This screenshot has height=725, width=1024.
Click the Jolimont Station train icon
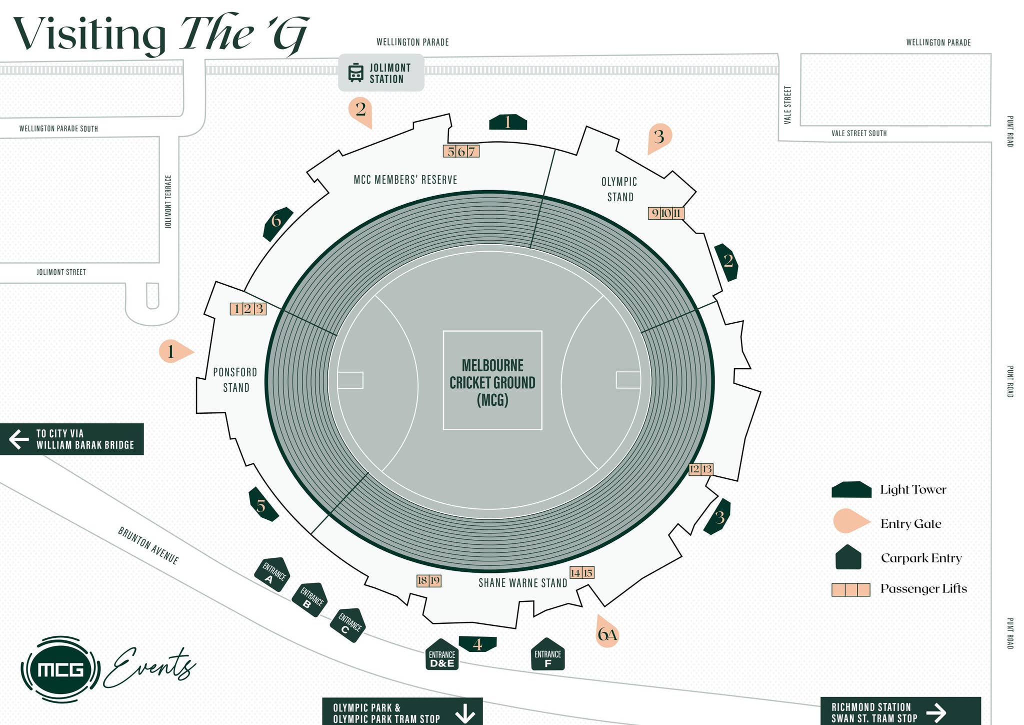(355, 73)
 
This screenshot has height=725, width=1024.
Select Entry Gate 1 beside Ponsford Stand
(173, 351)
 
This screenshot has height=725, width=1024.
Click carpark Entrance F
(547, 655)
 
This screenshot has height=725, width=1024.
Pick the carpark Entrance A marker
(272, 574)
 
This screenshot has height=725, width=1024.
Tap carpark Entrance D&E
(442, 655)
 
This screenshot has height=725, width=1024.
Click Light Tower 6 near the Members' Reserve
(277, 222)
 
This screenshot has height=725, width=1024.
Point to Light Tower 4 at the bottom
(477, 644)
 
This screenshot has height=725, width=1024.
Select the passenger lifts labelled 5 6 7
(461, 151)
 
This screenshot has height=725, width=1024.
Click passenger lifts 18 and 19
(429, 580)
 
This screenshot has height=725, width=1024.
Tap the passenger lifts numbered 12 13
(700, 469)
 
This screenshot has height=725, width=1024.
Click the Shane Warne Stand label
(522, 583)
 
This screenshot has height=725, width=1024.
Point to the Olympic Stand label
(619, 189)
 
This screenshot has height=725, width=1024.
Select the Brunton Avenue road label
(148, 545)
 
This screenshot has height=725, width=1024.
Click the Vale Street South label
(859, 133)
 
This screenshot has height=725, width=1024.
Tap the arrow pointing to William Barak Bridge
(19, 439)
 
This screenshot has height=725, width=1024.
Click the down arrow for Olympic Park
(465, 712)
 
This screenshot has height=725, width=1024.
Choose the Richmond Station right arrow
(936, 712)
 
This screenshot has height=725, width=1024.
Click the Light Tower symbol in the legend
(851, 489)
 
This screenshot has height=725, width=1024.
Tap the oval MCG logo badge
(60, 669)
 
